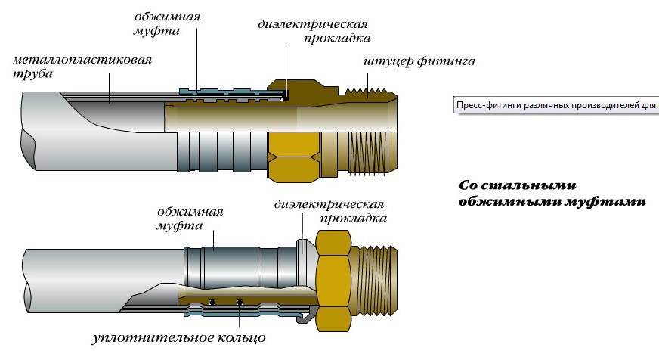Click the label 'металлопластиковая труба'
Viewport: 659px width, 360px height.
(x=82, y=66)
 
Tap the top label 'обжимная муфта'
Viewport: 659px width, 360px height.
(x=167, y=23)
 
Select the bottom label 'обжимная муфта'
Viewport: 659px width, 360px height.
(x=190, y=219)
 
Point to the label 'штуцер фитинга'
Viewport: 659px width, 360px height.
(x=419, y=62)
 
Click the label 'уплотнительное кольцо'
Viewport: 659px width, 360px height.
(x=178, y=337)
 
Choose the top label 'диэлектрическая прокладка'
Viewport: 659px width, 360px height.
(x=314, y=31)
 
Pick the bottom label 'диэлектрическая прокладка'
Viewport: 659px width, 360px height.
(x=330, y=211)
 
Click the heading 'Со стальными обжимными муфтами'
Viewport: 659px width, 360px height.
(x=552, y=194)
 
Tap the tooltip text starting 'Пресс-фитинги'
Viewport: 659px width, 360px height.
(x=555, y=105)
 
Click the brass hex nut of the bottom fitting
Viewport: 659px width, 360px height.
(x=333, y=278)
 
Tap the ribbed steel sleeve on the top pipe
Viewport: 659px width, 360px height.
(x=222, y=152)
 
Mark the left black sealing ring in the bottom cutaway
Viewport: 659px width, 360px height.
(x=212, y=301)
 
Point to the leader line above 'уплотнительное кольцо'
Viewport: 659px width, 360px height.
(x=240, y=315)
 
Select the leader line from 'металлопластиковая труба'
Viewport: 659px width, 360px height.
(x=109, y=87)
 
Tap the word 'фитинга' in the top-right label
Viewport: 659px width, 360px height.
(x=447, y=62)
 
